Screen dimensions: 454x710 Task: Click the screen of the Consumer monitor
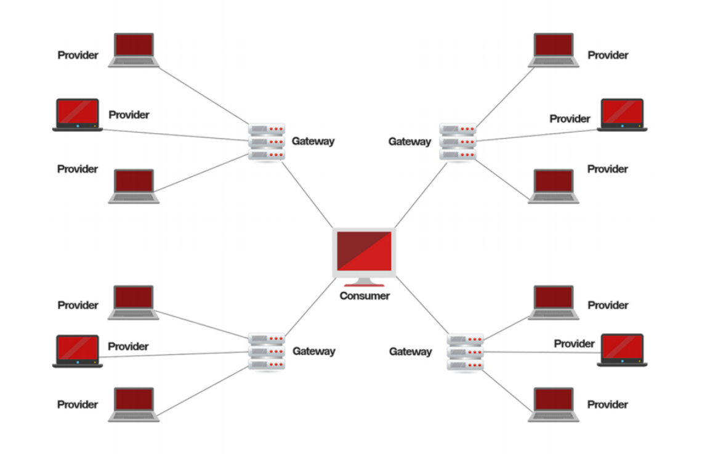click(x=364, y=251)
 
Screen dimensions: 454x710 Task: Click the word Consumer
click(x=365, y=296)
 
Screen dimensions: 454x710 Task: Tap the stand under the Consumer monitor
click(x=364, y=283)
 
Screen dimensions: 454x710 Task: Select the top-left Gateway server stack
click(x=267, y=141)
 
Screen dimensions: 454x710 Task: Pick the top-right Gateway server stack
click(x=458, y=141)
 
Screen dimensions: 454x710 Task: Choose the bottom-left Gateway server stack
click(x=267, y=351)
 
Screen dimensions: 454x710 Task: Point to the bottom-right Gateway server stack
click(x=466, y=352)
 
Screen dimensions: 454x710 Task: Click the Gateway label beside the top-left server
click(x=313, y=141)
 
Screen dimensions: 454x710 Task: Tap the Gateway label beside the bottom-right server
click(x=410, y=352)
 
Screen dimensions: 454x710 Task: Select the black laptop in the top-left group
click(x=77, y=114)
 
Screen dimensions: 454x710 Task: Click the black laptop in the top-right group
click(x=622, y=114)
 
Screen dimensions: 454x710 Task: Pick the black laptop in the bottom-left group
click(x=77, y=351)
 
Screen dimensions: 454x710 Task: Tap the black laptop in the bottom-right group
click(x=622, y=350)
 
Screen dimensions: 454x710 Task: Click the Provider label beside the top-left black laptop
click(x=129, y=115)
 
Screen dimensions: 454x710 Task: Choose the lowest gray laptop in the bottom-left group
click(x=134, y=403)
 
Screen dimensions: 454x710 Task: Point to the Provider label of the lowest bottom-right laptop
click(x=607, y=404)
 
